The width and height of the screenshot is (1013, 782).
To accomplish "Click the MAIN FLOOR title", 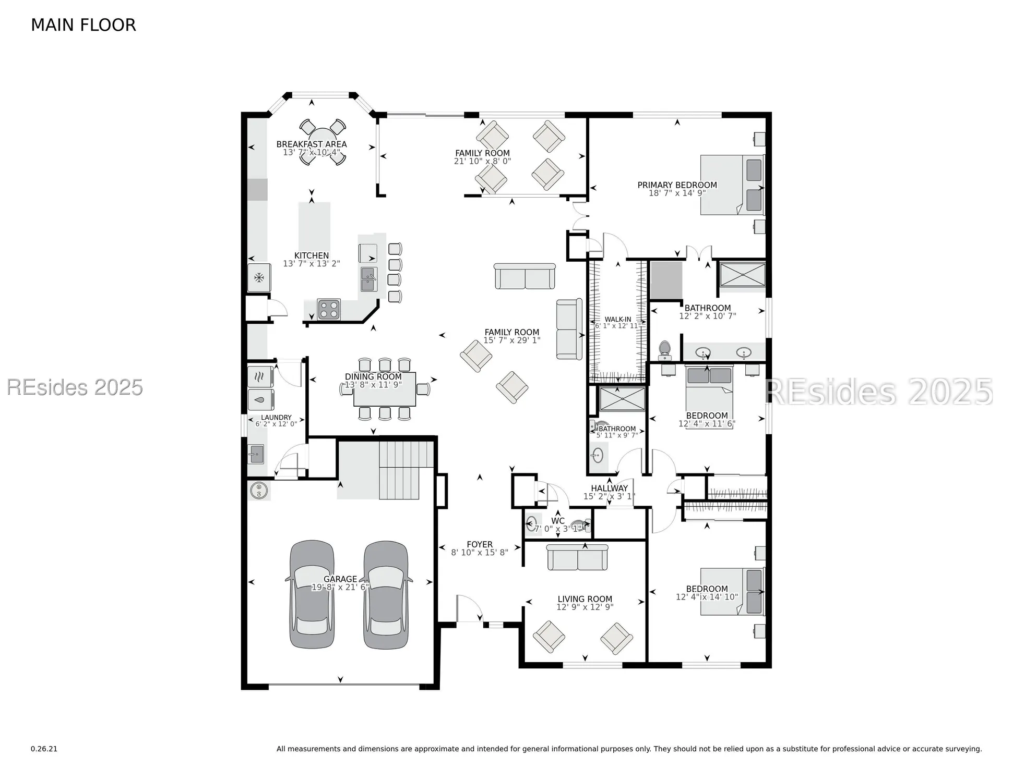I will pyautogui.click(x=84, y=25).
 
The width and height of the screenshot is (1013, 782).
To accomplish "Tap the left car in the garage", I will pyautogui.click(x=312, y=594).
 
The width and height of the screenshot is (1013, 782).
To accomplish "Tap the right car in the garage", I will pyautogui.click(x=386, y=594).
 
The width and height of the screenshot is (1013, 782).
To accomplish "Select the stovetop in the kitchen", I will pyautogui.click(x=329, y=309).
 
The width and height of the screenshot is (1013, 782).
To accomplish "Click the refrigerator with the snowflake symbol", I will pyautogui.click(x=259, y=277).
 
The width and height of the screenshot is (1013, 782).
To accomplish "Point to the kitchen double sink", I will pyautogui.click(x=368, y=279).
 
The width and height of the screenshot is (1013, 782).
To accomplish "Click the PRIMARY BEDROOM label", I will pyautogui.click(x=677, y=185).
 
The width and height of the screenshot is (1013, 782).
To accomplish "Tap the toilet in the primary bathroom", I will pyautogui.click(x=664, y=350).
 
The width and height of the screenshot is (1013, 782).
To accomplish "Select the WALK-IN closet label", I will pyautogui.click(x=618, y=320).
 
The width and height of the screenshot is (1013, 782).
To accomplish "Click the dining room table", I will pyautogui.click(x=385, y=389).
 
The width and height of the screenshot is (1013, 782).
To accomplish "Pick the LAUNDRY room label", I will pyautogui.click(x=276, y=418).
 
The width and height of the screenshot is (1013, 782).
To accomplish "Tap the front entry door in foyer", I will pyautogui.click(x=469, y=609).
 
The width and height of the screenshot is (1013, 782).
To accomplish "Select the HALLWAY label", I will pyautogui.click(x=609, y=488).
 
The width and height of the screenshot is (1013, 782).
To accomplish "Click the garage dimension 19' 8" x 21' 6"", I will pyautogui.click(x=340, y=588).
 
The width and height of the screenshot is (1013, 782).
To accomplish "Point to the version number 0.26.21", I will pyautogui.click(x=44, y=749).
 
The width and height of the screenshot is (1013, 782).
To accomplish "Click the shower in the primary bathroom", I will pyautogui.click(x=743, y=274).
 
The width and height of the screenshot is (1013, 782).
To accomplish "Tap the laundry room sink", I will pyautogui.click(x=256, y=454).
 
